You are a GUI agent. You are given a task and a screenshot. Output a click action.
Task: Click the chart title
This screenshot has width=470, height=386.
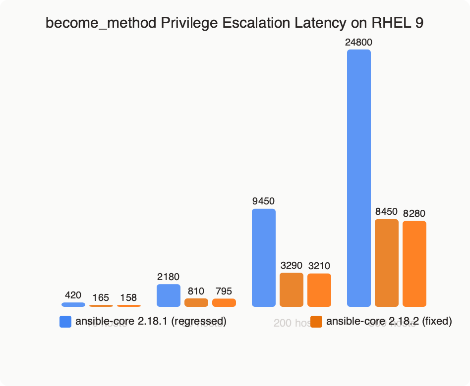coord(235,23)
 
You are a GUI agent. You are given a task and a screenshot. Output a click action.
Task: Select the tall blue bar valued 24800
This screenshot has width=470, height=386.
coord(359,178)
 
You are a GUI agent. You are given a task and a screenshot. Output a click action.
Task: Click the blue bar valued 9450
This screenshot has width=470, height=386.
coord(264,257)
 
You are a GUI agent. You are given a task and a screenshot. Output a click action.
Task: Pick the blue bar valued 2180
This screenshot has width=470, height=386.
coord(169,295)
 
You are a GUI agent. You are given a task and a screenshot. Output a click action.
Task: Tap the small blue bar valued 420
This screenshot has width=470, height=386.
coord(73,304)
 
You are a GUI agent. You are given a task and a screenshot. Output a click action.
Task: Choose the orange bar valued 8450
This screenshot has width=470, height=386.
coord(387,263)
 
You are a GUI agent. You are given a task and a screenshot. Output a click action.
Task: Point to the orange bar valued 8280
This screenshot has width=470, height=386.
coord(414,264)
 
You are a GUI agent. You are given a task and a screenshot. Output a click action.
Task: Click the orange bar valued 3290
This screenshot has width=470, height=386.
coord(292,289)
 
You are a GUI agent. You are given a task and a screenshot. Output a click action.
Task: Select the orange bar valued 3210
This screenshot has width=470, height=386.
coord(319,290)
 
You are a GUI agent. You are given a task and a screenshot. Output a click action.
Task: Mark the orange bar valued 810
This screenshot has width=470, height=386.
coord(196,302)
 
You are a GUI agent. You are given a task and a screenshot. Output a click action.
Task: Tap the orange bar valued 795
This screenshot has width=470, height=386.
coord(224,302)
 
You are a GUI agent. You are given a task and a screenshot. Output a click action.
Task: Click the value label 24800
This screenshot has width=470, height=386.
coord(359,43)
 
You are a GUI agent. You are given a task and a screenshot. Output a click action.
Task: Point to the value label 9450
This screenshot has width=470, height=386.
coord(264,201)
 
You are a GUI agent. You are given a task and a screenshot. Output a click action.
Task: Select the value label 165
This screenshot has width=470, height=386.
coord(101,298)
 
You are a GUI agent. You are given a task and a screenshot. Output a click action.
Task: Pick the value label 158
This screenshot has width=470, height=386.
coord(129,298)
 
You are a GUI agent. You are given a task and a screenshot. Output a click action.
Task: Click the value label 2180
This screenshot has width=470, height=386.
coord(169,277)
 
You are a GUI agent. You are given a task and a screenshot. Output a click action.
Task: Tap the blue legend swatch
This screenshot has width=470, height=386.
coord(65,322)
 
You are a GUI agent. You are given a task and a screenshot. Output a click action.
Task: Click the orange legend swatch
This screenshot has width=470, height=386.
coord(316,322)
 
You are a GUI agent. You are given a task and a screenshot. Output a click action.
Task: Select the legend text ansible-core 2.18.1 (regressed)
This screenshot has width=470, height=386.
coord(151,322)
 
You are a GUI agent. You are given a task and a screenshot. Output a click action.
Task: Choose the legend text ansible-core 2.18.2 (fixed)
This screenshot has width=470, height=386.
coord(389,322)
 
